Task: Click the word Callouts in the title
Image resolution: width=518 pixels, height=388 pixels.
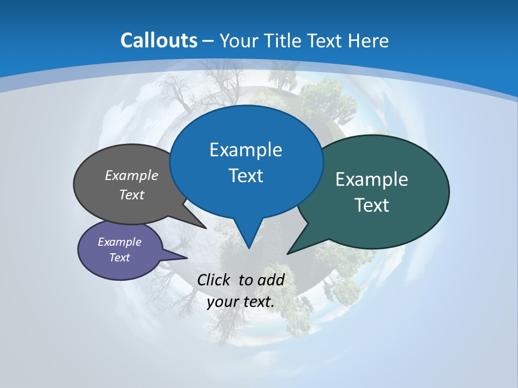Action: [x=159, y=40]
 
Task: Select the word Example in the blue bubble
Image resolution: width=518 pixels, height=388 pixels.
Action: [x=246, y=150]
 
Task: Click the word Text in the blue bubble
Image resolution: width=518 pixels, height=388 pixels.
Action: [x=246, y=176]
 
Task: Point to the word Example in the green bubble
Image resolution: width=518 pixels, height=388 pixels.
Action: [x=372, y=179]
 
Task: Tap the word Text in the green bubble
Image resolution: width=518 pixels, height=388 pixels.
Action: [x=372, y=205]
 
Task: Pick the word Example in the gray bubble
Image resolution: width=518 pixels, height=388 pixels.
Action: [x=132, y=175]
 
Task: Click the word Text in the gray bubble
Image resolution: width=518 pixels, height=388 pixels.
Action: [x=132, y=195]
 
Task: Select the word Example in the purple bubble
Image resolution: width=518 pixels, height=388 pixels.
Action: [x=119, y=242]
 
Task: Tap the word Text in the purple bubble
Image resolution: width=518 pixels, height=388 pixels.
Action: [x=119, y=258]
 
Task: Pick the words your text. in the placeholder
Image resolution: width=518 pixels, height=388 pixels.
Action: [x=240, y=302]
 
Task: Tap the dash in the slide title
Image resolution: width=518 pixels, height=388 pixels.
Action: [x=208, y=40]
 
